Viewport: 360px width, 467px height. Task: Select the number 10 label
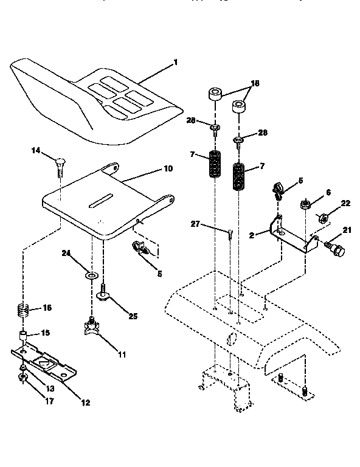pos(168,168)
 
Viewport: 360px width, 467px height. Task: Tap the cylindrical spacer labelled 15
pos(23,336)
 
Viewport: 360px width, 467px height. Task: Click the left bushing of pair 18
pos(214,94)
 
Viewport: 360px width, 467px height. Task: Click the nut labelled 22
pos(324,217)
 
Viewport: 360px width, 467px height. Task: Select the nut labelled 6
pos(304,204)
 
